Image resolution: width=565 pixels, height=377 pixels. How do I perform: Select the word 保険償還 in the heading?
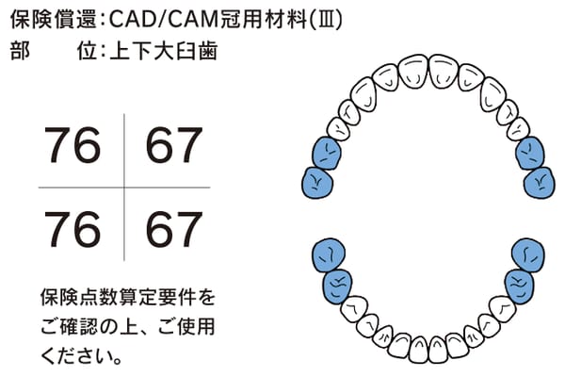[x=54, y=19]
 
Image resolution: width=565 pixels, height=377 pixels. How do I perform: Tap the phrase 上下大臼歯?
[x=164, y=51]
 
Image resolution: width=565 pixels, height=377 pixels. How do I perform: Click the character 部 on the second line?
[x=20, y=51]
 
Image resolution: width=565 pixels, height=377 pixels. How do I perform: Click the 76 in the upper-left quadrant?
[x=73, y=145]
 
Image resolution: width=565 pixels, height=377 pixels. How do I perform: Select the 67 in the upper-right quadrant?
[x=174, y=145]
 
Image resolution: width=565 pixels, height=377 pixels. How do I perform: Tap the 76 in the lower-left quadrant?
[x=73, y=229]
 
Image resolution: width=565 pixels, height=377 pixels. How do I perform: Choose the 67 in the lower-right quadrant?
[x=174, y=229]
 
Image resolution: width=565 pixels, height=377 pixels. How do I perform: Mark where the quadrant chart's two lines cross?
[x=124, y=188]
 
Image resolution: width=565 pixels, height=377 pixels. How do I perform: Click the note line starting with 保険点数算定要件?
[x=127, y=298]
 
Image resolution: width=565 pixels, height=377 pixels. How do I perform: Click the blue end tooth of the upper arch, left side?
[x=317, y=183]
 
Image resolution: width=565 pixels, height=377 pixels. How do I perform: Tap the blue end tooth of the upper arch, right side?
[x=539, y=183]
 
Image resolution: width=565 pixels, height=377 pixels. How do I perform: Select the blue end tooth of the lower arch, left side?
[x=329, y=255]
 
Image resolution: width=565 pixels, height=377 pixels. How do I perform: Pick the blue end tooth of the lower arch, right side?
[x=528, y=255]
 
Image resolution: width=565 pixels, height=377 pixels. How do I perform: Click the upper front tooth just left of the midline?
[x=414, y=71]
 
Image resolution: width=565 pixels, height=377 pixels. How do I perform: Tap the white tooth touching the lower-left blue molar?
[x=354, y=309]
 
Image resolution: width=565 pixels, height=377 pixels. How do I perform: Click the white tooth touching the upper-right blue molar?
[x=519, y=129]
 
